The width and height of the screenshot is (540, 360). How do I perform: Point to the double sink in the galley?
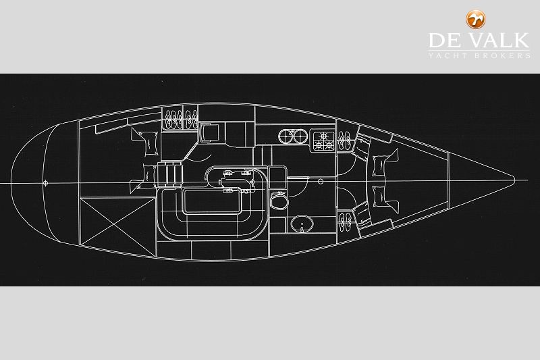[x=293, y=137]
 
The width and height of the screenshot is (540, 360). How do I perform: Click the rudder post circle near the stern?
[x=46, y=182]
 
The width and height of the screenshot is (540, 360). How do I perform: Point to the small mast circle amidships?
[x=318, y=181]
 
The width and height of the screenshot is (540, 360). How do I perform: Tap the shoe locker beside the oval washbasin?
[x=344, y=221]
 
